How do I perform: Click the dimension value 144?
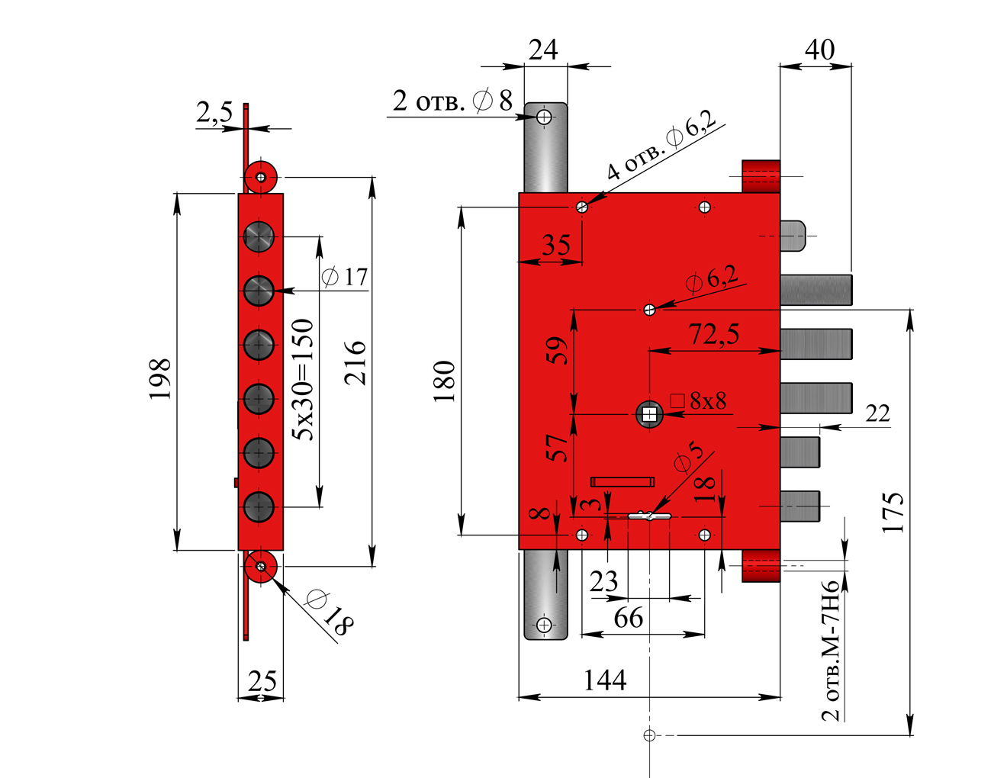pyautogui.click(x=605, y=680)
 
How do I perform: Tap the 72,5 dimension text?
pyautogui.click(x=714, y=334)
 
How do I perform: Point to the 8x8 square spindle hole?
pyautogui.click(x=649, y=414)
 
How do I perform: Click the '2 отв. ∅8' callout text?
pyautogui.click(x=452, y=100)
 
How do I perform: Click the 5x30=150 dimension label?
pyautogui.click(x=304, y=379)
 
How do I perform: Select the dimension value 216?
pyautogui.click(x=356, y=363)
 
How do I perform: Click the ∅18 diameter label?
pyautogui.click(x=329, y=612)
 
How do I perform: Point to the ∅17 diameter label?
pyautogui.click(x=345, y=276)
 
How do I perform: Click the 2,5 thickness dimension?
pyautogui.click(x=214, y=113)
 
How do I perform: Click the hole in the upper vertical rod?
pyautogui.click(x=544, y=117)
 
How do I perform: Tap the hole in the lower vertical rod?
pyautogui.click(x=544, y=625)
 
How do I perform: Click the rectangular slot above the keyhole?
pyautogui.click(x=623, y=481)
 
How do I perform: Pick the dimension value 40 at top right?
pyautogui.click(x=819, y=50)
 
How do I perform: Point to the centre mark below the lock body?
pyautogui.click(x=649, y=735)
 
